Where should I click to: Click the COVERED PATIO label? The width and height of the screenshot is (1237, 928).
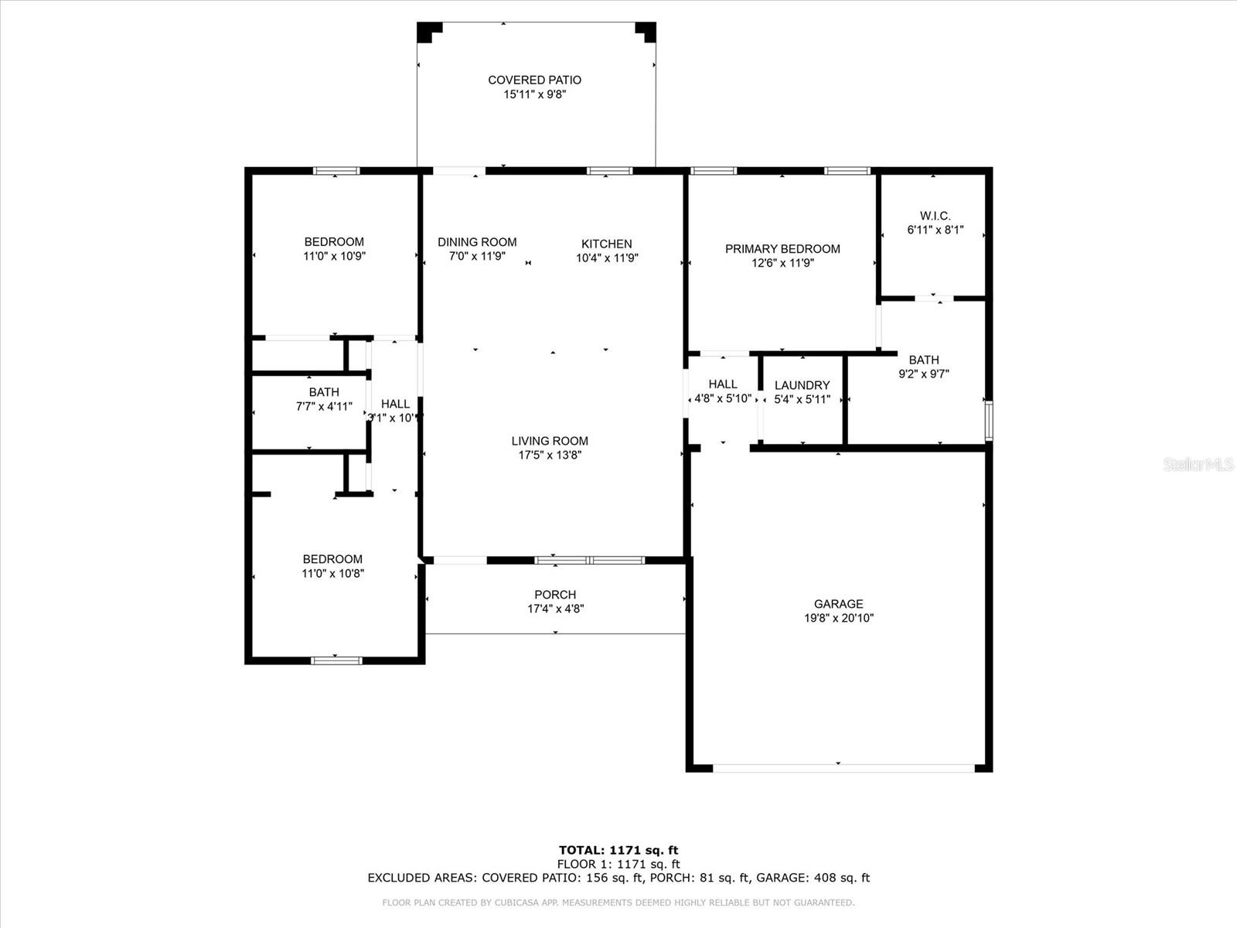point(534,80)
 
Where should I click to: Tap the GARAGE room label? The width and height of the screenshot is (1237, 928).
point(838,604)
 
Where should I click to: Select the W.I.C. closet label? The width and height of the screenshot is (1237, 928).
point(935,216)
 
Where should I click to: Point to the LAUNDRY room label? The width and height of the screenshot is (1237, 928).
point(802,385)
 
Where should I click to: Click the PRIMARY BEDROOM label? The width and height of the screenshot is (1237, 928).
point(782,248)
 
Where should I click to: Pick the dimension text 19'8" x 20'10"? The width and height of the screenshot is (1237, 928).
point(838,618)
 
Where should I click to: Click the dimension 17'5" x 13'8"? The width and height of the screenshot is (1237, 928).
point(550,455)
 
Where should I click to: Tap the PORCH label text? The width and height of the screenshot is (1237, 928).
point(555,595)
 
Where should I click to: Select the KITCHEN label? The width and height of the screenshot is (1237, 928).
point(607,244)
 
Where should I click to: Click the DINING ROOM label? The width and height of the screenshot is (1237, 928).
point(477,242)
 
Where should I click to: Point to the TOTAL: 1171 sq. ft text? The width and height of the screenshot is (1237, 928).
point(618,851)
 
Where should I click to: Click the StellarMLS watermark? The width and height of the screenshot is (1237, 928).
point(1198,464)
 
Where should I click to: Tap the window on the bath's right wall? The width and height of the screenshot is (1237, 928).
point(989,421)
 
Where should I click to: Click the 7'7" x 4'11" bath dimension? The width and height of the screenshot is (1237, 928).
point(324,406)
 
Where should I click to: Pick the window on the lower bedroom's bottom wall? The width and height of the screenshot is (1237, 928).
point(336,660)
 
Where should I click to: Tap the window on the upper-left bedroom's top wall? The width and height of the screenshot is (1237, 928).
point(336,171)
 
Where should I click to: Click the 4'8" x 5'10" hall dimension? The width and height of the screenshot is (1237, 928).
point(723,398)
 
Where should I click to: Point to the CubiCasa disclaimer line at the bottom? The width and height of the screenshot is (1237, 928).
point(618,902)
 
